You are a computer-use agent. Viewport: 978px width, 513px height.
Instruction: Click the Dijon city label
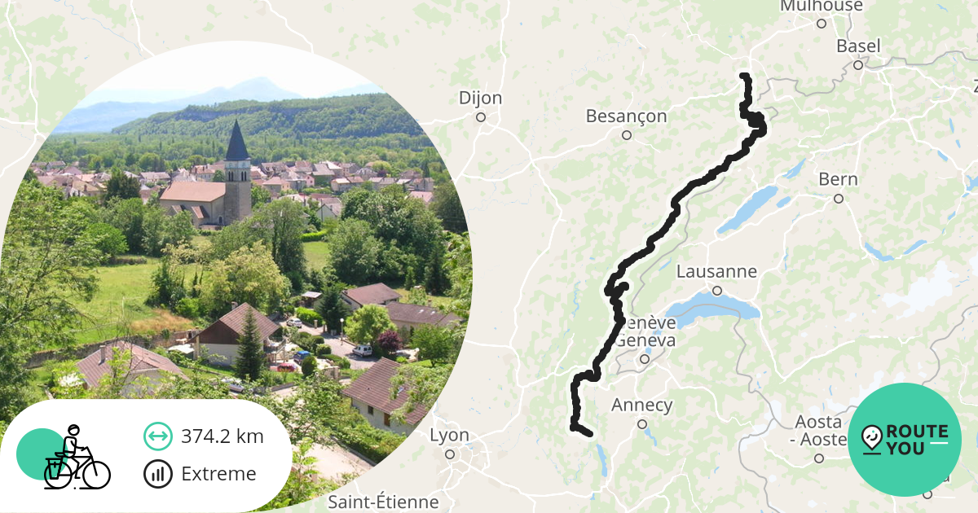(x=480, y=99)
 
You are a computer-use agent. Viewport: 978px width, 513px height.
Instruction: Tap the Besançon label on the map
(x=626, y=116)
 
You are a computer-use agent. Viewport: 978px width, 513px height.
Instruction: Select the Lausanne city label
(x=716, y=272)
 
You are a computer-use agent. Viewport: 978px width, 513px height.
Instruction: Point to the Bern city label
(x=838, y=179)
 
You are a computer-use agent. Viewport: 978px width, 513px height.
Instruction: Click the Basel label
(x=858, y=46)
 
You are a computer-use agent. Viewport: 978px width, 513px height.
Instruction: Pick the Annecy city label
(x=641, y=406)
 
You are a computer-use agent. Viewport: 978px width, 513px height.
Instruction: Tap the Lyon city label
(x=449, y=436)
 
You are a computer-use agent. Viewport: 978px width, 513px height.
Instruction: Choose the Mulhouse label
(x=821, y=7)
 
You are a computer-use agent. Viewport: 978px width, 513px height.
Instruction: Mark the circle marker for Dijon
(x=481, y=117)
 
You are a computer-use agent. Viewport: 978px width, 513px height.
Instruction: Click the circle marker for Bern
(x=838, y=198)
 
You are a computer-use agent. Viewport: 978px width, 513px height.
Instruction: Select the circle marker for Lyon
(x=450, y=454)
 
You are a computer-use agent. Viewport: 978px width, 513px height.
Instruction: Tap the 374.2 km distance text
(x=222, y=436)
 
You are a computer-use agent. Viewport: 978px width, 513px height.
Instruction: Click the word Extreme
(x=218, y=474)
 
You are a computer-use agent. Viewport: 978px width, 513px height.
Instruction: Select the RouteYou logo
(x=905, y=440)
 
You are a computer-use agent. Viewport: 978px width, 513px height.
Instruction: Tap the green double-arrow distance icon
(x=158, y=436)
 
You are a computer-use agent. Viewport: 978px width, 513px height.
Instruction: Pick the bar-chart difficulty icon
(x=158, y=474)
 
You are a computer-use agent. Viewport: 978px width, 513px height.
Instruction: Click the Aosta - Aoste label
(x=819, y=430)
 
